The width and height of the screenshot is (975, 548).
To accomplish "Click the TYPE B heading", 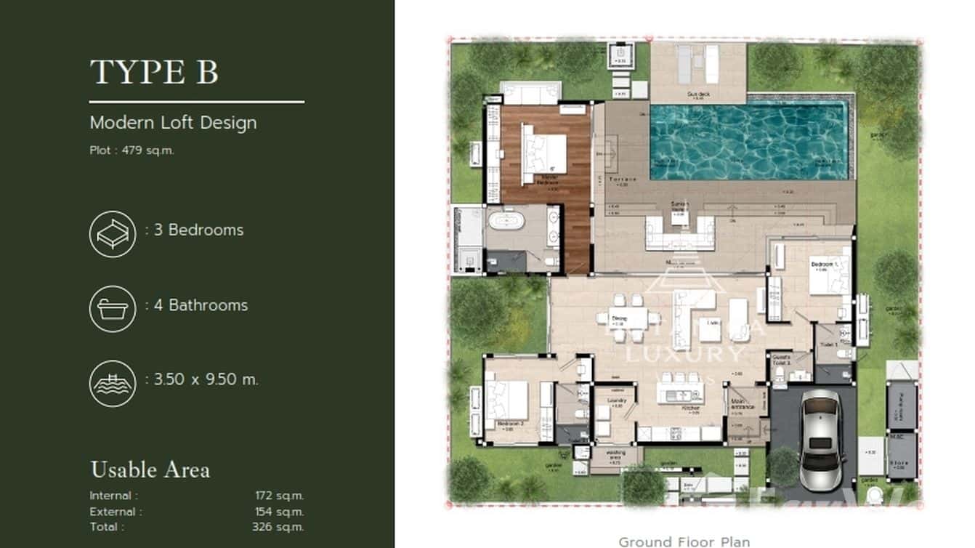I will click(154, 73).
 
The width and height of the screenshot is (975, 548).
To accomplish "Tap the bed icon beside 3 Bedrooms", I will click(113, 233).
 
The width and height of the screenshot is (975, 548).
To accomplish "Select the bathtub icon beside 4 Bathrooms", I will click(113, 309).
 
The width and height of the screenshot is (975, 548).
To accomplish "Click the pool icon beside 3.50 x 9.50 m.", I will click(113, 383).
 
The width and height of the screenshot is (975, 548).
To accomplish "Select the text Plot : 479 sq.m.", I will click(132, 151).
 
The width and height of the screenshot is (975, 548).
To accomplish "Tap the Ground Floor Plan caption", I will click(684, 541).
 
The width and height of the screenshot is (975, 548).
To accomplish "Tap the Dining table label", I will click(618, 318).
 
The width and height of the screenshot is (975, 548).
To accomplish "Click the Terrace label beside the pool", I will click(623, 179).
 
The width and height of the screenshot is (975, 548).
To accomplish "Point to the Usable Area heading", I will click(150, 470).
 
